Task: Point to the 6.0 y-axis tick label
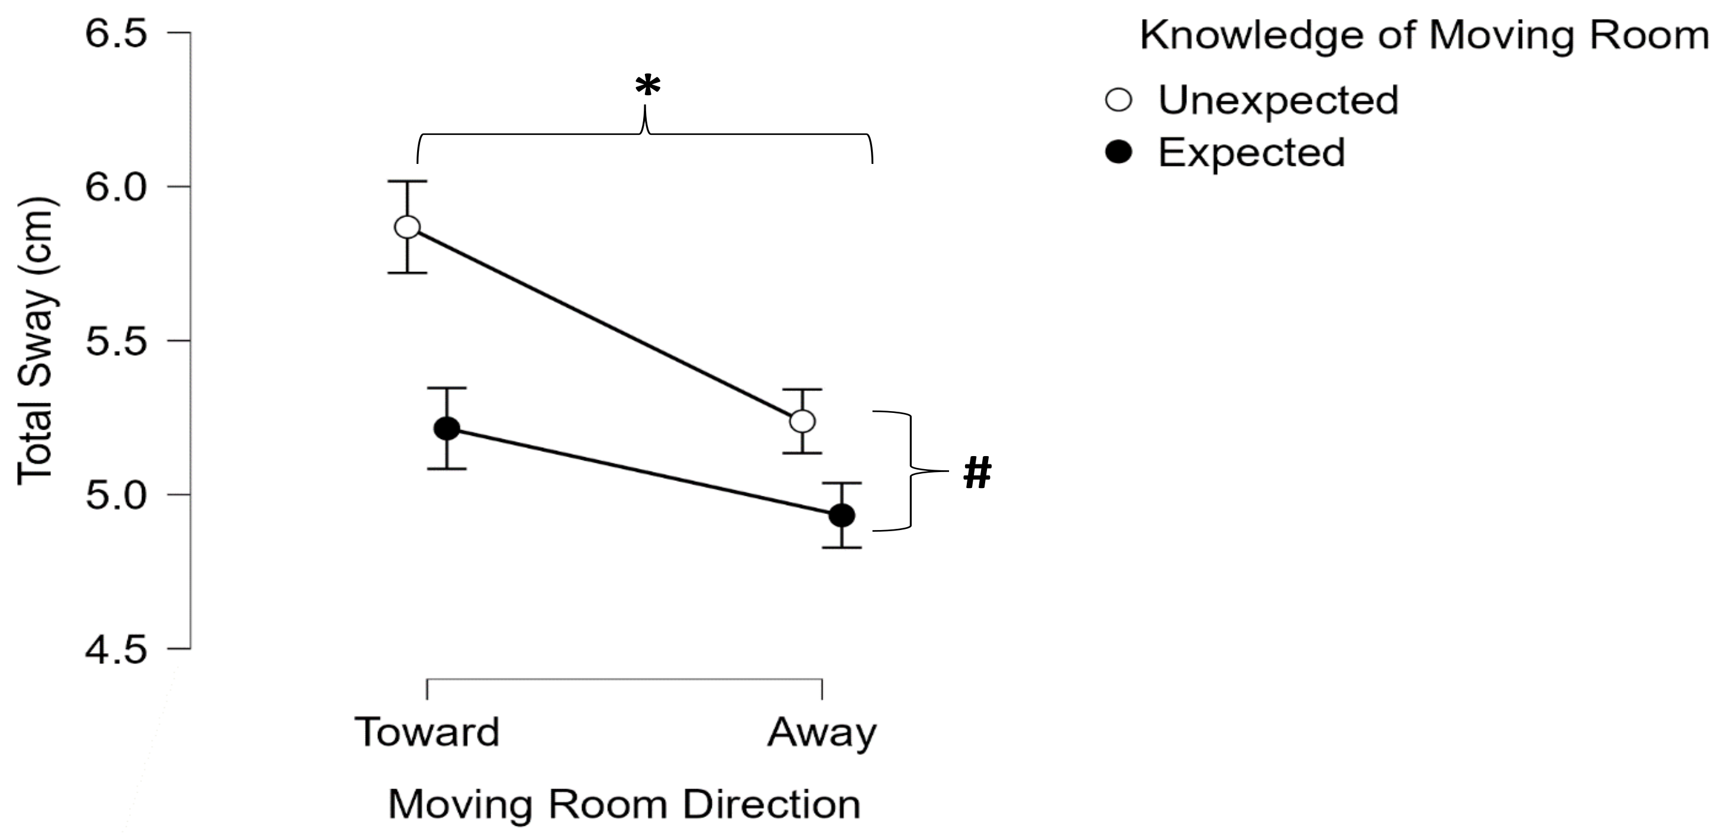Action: tap(116, 188)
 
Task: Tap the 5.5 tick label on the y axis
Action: tap(116, 341)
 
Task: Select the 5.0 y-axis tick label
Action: tap(116, 496)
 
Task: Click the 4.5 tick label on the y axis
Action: tap(116, 650)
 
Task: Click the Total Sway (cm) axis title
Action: tap(36, 341)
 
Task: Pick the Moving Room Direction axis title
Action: tap(624, 804)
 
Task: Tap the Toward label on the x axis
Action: tap(427, 732)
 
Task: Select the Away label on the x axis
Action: tap(821, 733)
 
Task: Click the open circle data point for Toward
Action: tap(407, 227)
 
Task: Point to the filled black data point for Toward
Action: tap(447, 429)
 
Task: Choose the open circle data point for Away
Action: tap(802, 421)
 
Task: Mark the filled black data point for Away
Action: tap(841, 516)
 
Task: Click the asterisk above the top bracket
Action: tap(647, 86)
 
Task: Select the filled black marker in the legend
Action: tap(1118, 153)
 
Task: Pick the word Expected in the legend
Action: tap(1251, 153)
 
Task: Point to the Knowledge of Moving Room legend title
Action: tap(1424, 35)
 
